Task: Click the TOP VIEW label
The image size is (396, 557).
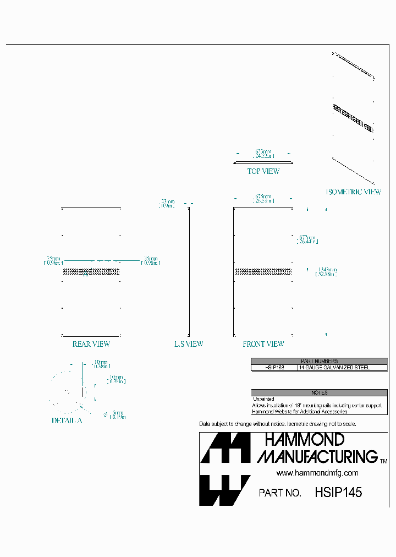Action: [x=263, y=171]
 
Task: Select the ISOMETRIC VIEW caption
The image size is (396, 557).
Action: [x=354, y=192]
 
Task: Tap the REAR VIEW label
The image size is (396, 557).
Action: [x=91, y=344]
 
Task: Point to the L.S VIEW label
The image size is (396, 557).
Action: [x=189, y=344]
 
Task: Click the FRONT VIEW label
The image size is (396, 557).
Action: [x=263, y=344]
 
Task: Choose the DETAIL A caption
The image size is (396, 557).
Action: [x=67, y=420]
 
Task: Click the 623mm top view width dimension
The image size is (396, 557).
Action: [x=263, y=154]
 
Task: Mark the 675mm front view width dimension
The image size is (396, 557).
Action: [x=263, y=198]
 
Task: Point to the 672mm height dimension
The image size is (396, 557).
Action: [x=307, y=239]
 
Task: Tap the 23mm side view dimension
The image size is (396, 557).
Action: [x=167, y=203]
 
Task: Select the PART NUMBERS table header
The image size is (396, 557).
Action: [x=319, y=362]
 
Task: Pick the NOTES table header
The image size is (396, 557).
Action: [x=319, y=392]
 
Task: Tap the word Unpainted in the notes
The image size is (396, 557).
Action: [x=263, y=398]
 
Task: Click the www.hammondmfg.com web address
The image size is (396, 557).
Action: [x=317, y=473]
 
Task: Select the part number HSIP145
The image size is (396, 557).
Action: [x=338, y=493]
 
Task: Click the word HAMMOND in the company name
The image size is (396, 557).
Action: [x=304, y=439]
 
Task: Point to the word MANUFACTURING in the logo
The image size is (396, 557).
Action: [x=317, y=456]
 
